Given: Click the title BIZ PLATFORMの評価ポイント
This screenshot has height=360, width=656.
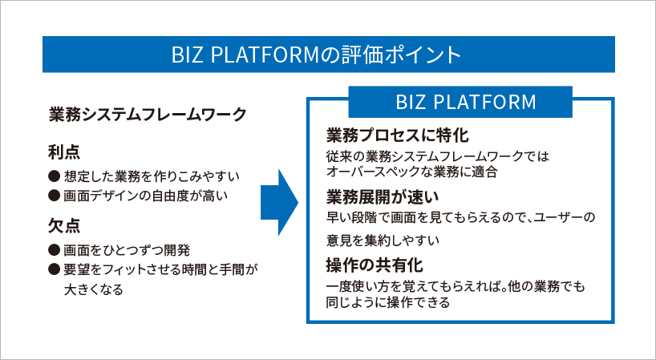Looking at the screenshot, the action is (316, 55).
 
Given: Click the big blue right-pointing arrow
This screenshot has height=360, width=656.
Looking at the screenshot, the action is (279, 202).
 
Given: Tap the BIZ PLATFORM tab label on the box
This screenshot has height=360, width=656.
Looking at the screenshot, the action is (466, 102).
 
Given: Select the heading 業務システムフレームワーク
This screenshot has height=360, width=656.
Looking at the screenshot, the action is (148, 115).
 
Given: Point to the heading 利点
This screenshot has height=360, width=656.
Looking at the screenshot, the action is (64, 152).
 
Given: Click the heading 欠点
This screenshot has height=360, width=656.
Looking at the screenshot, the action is (64, 226).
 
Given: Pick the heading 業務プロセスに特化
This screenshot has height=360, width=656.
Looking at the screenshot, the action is (398, 136).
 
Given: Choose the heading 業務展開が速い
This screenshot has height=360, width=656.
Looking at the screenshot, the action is (383, 197).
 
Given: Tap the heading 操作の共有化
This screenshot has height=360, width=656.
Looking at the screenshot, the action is (375, 265).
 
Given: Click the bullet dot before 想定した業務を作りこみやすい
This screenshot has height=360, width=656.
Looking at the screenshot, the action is (55, 176).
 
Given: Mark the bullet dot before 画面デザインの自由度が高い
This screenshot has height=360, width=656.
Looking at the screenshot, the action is (55, 196).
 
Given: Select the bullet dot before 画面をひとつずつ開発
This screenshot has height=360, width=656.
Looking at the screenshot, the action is (55, 250).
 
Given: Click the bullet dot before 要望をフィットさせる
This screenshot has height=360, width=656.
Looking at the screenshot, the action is (55, 269).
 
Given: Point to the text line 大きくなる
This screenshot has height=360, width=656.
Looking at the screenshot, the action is (94, 289).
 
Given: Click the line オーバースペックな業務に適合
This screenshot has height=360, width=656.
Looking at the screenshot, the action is (411, 172).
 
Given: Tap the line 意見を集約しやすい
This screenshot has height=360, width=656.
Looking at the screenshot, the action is (383, 241).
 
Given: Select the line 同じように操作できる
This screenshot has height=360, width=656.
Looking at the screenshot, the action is (388, 302).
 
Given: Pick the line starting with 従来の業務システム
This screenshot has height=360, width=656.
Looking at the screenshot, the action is (438, 156).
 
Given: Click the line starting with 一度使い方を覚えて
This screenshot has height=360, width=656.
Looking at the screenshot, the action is (456, 287).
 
